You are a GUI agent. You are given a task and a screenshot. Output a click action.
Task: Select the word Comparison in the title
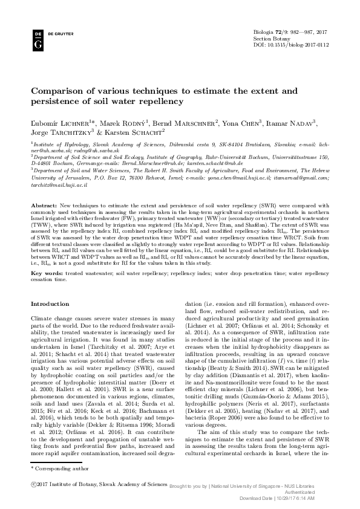61,91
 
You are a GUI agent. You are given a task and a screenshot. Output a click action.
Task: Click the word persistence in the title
64,103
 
